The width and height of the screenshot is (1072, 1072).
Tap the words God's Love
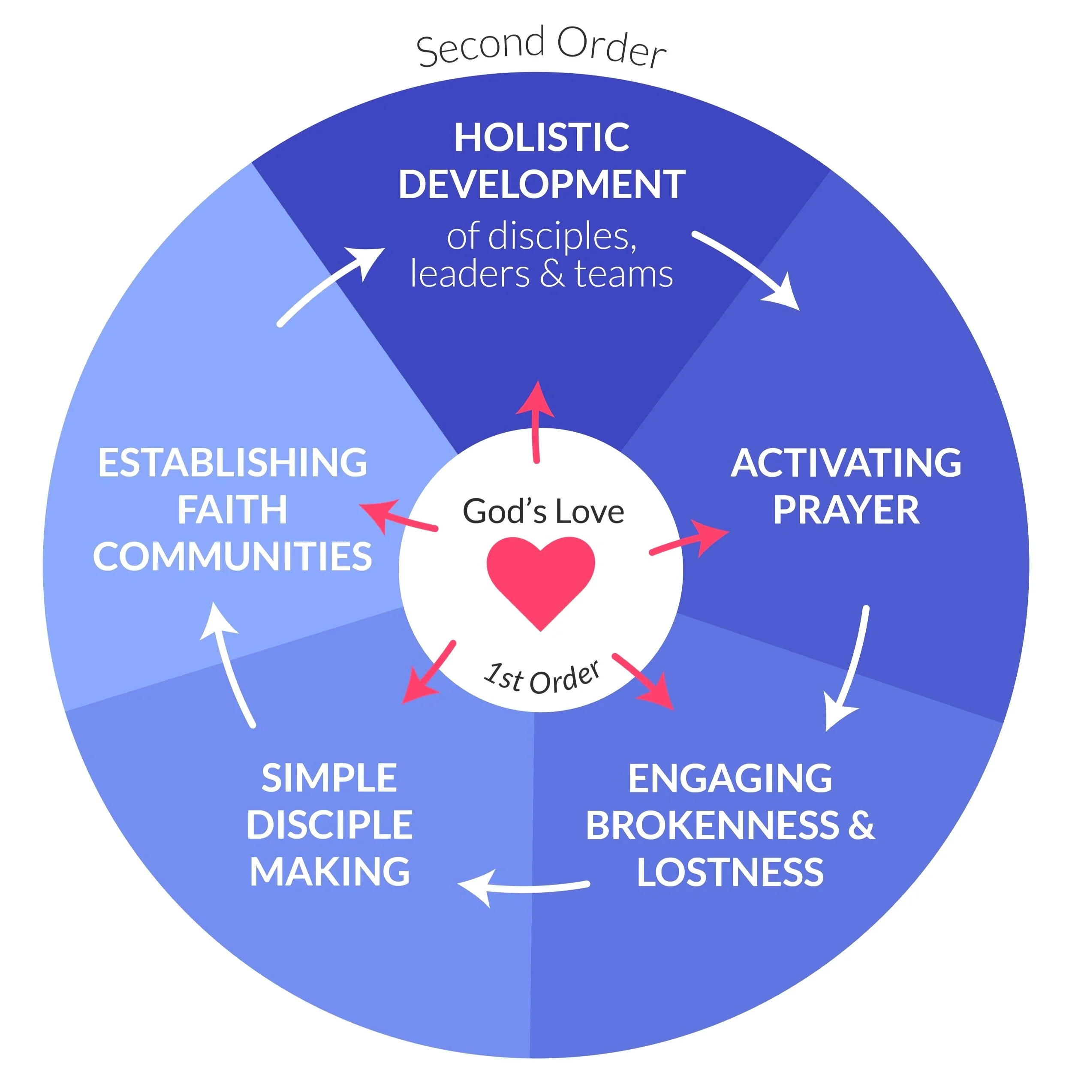(x=543, y=512)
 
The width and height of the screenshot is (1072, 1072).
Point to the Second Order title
(x=541, y=47)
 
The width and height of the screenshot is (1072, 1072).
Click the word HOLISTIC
(x=542, y=138)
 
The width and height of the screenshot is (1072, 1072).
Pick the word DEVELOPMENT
(x=542, y=184)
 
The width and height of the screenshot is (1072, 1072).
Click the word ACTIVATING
(x=846, y=463)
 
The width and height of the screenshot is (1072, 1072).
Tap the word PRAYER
(x=846, y=510)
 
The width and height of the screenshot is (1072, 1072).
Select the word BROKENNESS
(x=712, y=825)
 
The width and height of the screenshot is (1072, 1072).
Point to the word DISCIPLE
(x=330, y=825)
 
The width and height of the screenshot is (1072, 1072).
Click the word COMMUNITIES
(x=232, y=557)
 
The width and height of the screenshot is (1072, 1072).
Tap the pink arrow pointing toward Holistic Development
(x=536, y=422)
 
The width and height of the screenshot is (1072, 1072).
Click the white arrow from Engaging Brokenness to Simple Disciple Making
(x=521, y=886)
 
